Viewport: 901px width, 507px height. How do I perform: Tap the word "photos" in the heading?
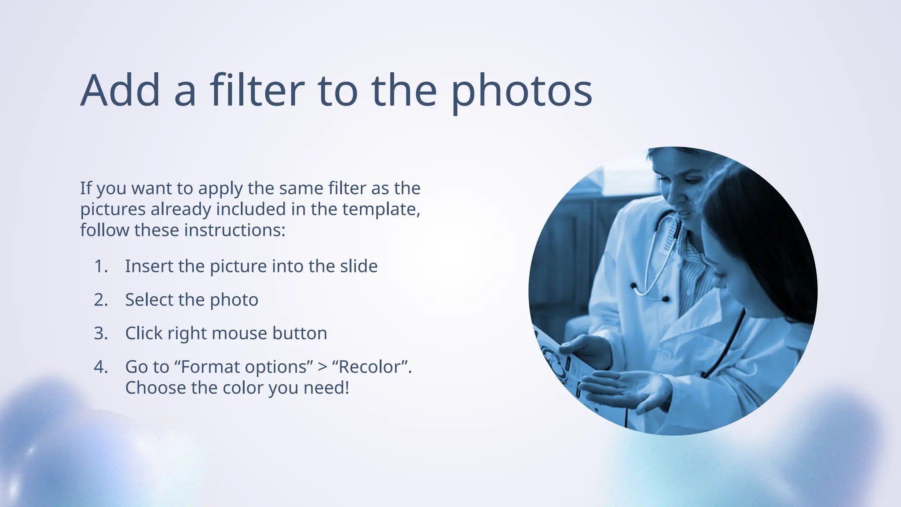[x=522, y=91]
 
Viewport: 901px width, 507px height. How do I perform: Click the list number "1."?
[x=101, y=266]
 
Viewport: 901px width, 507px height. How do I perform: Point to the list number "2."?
[x=101, y=300]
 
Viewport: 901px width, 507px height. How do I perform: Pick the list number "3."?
[x=101, y=333]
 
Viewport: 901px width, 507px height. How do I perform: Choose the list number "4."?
[x=101, y=367]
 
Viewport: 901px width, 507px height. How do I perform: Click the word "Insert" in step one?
[x=149, y=266]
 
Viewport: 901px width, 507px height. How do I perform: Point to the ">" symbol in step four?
[x=322, y=367]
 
